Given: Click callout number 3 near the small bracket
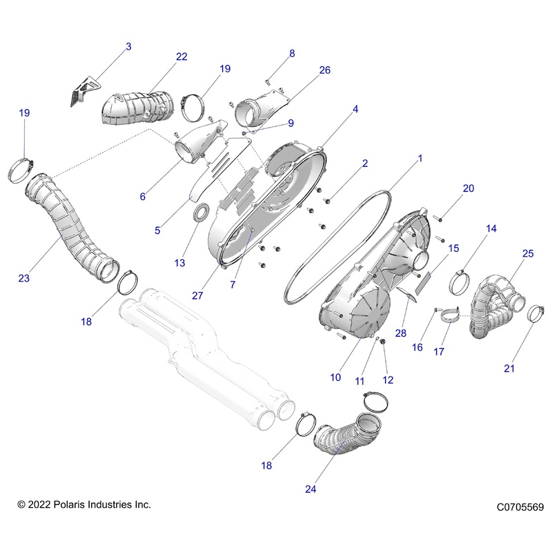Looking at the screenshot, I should pos(128,47).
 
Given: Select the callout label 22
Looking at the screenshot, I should pos(181,57).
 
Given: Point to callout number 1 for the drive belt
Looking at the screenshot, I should pos(420,159).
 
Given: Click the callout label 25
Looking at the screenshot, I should pos(527,254).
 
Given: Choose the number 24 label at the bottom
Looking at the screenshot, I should pos(312,489).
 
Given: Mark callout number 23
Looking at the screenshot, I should pos(24,279).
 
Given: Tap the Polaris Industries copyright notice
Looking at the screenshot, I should pos(83,505).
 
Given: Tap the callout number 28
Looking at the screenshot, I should pos(400,334).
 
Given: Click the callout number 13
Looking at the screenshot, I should pos(180,263).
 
